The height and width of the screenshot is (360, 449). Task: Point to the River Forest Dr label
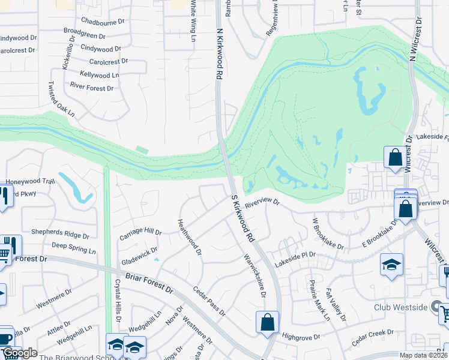click(x=92, y=88)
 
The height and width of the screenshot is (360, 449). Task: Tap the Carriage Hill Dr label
click(x=141, y=232)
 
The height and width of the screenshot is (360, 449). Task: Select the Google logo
click(x=20, y=353)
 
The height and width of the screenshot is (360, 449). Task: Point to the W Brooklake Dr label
click(x=328, y=234)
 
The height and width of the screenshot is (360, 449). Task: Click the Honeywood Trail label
click(x=30, y=181)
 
